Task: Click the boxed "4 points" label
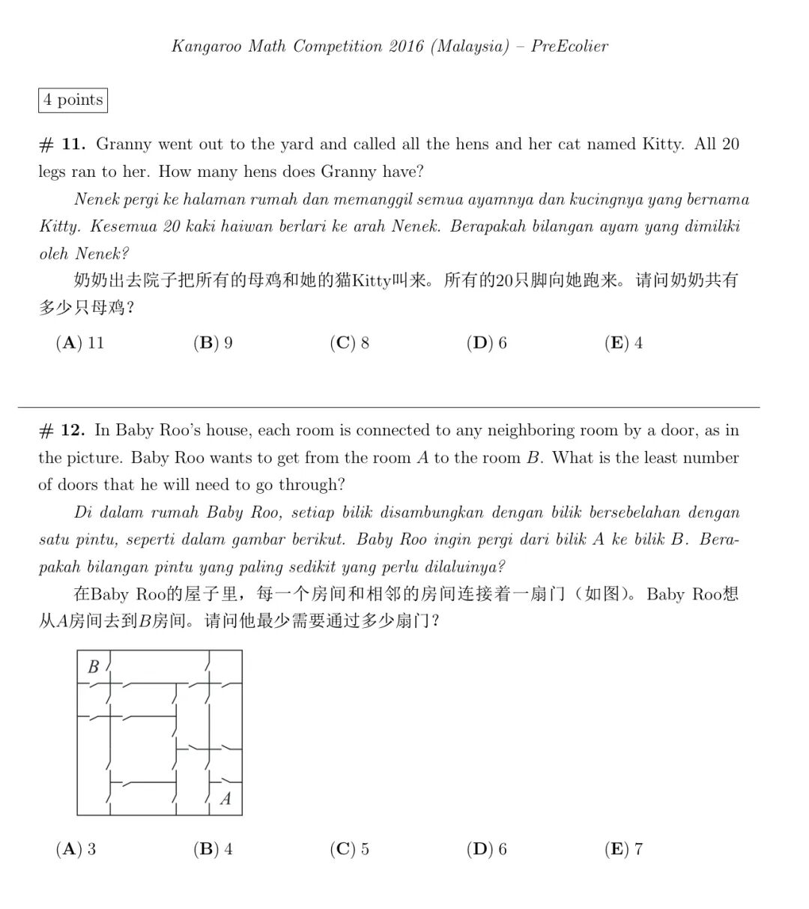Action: click(x=73, y=100)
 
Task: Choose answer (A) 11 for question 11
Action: click(x=80, y=343)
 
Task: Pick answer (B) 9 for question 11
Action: click(x=213, y=343)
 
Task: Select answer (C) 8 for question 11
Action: click(x=349, y=343)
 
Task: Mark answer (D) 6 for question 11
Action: click(x=486, y=343)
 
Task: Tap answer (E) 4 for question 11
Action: click(x=623, y=343)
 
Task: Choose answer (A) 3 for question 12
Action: click(x=76, y=849)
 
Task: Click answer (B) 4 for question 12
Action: click(x=213, y=849)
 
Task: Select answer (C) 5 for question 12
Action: click(x=349, y=849)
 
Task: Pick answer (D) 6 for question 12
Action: click(x=486, y=849)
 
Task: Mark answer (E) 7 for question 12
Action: click(x=623, y=849)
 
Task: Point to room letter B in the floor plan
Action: click(x=94, y=666)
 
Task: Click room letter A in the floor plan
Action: click(x=225, y=799)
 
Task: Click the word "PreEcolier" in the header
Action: click(x=569, y=46)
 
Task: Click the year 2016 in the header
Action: click(x=407, y=46)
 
